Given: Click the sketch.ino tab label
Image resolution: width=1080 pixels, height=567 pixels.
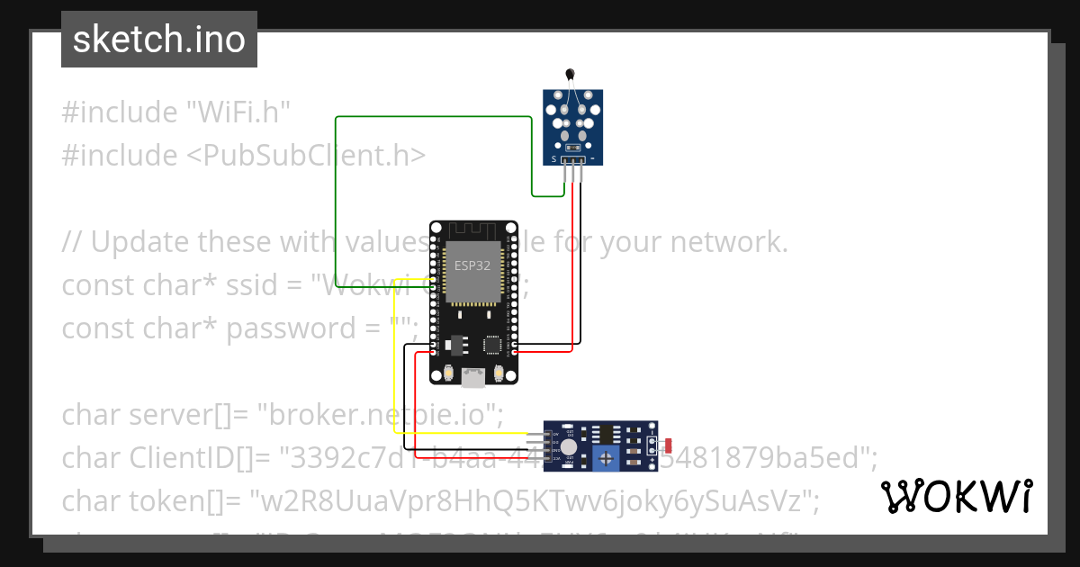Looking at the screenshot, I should click(x=159, y=40).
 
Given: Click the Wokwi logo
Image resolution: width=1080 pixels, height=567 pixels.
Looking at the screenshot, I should click(x=956, y=496).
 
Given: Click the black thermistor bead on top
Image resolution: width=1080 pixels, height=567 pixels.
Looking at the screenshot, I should click(x=569, y=75).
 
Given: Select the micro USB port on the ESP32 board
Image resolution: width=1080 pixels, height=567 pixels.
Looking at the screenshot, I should click(x=472, y=379).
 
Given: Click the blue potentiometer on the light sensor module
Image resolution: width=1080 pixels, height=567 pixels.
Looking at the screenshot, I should click(x=610, y=459).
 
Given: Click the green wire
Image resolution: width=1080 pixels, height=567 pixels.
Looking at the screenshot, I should click(x=336, y=198).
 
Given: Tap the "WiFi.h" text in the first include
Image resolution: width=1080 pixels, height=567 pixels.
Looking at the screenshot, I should click(x=238, y=112).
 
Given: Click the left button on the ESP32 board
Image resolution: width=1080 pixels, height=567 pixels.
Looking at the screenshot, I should click(x=448, y=373).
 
